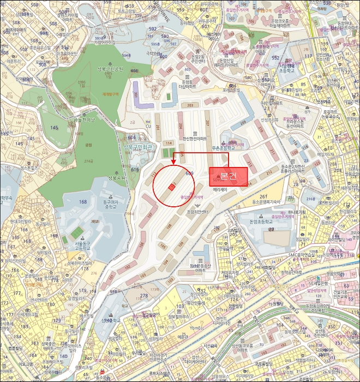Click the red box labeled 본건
click(229, 176)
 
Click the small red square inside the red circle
click(171, 187)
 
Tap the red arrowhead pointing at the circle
click(173, 162)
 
